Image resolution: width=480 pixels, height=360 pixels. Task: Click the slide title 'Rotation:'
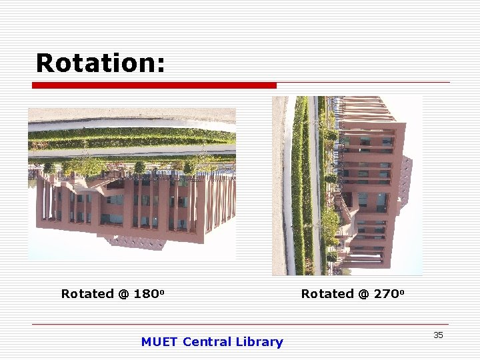(100, 63)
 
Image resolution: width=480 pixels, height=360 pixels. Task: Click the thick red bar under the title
(154, 85)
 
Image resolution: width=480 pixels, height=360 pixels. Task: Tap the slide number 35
(438, 335)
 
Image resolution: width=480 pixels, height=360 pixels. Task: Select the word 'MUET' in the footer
(159, 342)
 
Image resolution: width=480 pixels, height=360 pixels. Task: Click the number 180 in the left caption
(146, 294)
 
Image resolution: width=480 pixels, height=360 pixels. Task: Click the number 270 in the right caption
(386, 294)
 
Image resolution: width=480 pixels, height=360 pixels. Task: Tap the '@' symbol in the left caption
(123, 294)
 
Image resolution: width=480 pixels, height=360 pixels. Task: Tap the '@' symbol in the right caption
(363, 294)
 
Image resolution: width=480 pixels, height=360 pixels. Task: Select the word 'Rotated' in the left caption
(87, 294)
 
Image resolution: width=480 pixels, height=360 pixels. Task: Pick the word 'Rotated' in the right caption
(327, 294)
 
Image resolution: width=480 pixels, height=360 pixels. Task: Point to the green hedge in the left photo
(133, 136)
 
